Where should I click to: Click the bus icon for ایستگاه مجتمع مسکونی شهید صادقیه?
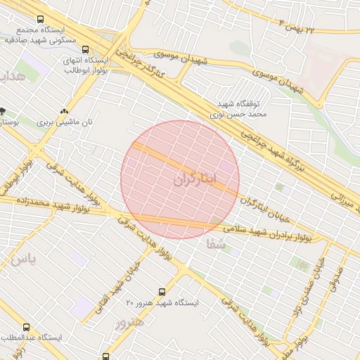coord(39,20)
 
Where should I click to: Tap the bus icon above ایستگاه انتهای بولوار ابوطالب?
coord(85,50)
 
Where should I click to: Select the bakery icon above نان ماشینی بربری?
coord(65,110)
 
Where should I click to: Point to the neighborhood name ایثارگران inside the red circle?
coord(195,179)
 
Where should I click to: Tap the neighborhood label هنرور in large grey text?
coord(129,322)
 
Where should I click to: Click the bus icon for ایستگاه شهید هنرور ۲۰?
coord(162,291)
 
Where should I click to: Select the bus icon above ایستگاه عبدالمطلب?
coord(27,328)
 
